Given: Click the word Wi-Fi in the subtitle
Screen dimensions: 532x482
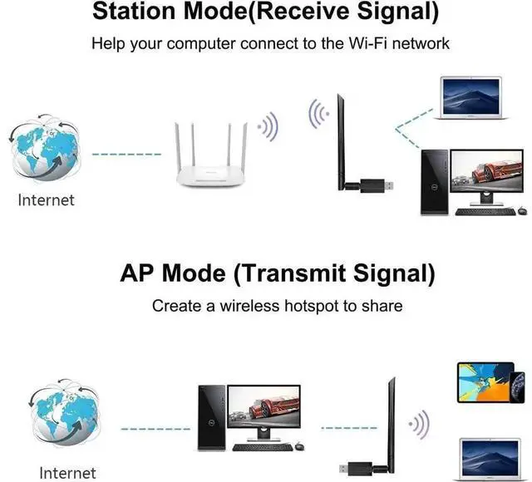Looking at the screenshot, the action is coord(367,43).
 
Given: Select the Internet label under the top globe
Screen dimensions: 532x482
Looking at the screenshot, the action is coord(47,200).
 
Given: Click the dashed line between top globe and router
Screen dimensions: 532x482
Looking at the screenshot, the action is coord(127,155).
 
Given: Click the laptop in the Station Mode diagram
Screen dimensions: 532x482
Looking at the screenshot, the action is coord(471,98).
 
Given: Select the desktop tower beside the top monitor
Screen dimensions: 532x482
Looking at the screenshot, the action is coord(435,182).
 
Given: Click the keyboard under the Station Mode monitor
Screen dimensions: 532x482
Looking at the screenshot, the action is coord(485,212).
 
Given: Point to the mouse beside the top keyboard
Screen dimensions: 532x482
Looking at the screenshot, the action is coord(523,210).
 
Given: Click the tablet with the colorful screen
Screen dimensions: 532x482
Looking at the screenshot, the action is coord(485,382).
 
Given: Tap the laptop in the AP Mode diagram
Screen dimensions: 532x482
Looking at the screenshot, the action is coord(491,460).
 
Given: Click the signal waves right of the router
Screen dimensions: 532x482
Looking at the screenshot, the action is coord(268,127).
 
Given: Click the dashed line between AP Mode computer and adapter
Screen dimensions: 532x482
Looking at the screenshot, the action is coord(349,428).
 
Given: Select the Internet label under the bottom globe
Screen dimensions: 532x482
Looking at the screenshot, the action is coord(67,473).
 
